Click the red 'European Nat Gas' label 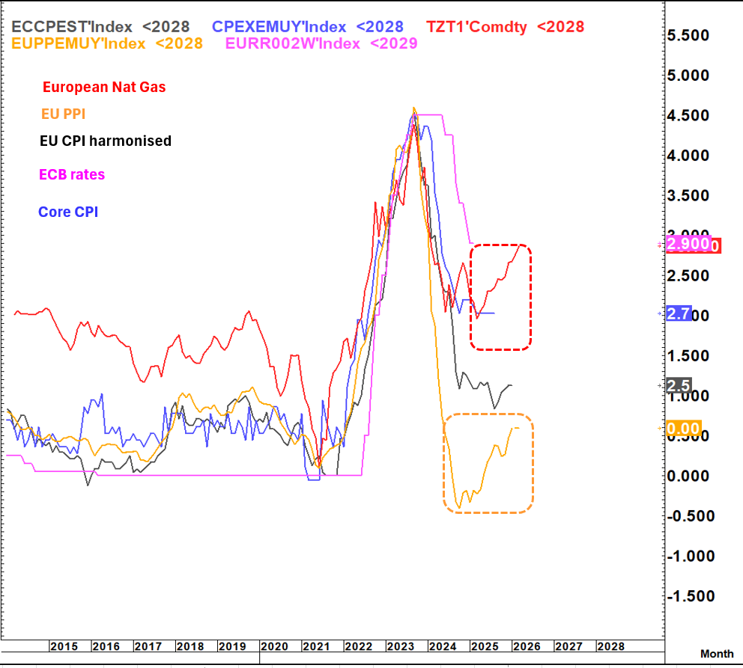point(104,87)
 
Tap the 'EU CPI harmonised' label point(105,141)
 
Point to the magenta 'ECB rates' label point(73,174)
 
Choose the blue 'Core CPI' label point(68,212)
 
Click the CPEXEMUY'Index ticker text point(281,27)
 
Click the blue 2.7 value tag point(678,314)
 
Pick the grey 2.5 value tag point(678,386)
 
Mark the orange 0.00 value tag point(683,429)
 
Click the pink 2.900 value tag point(688,245)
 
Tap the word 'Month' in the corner point(716,654)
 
